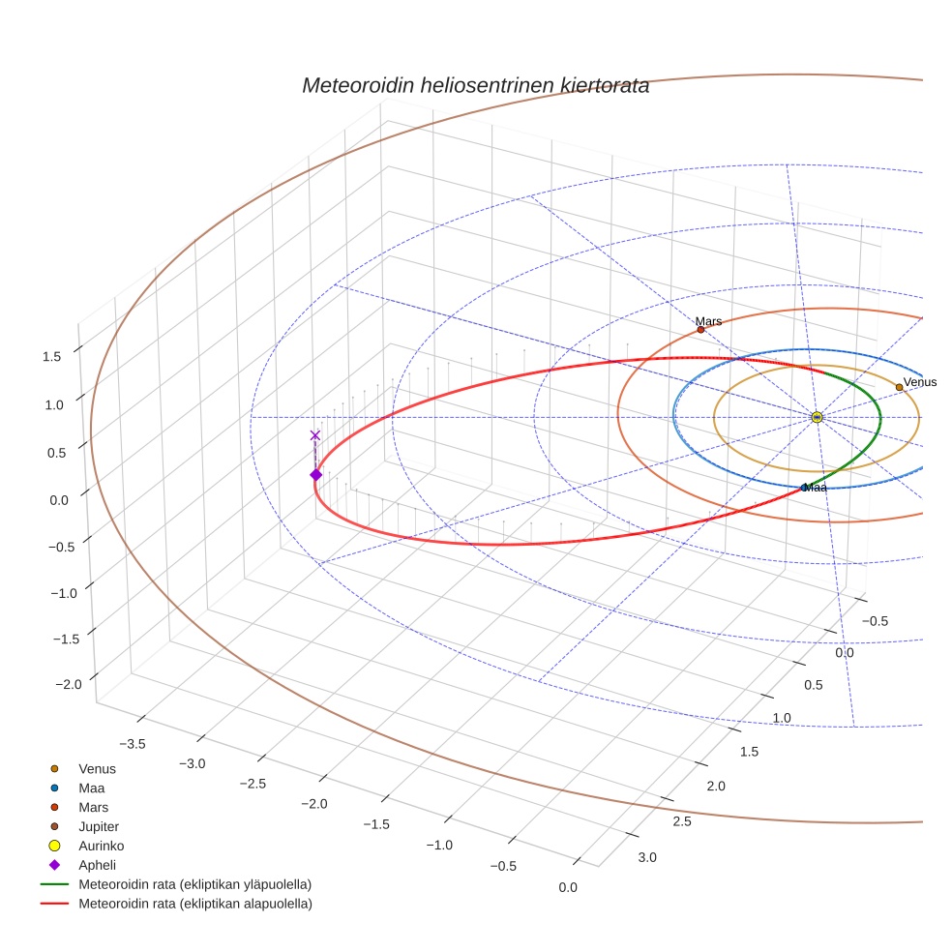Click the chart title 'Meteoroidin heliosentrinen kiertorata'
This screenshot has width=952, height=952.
(x=475, y=85)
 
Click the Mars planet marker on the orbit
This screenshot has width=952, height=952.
(x=700, y=330)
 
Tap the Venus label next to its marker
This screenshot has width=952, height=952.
(x=919, y=382)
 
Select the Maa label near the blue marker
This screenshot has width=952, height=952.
(x=817, y=488)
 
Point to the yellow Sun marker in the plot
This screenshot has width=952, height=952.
(x=817, y=417)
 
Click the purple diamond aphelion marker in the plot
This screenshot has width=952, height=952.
(x=315, y=474)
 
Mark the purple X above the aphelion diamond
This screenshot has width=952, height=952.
(x=314, y=435)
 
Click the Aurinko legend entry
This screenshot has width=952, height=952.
(x=101, y=846)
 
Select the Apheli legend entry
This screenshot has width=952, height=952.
(x=97, y=865)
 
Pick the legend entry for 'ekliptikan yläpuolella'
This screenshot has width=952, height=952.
(x=194, y=884)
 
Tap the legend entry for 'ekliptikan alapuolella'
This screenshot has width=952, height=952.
(x=194, y=904)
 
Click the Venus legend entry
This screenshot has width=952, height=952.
(x=97, y=768)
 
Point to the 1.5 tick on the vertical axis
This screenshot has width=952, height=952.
(x=51, y=356)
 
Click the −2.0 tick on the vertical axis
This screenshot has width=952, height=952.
(x=68, y=684)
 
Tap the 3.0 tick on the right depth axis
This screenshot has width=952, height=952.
(x=646, y=857)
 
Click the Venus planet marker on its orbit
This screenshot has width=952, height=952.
(x=899, y=387)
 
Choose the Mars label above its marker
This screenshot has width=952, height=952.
(x=708, y=321)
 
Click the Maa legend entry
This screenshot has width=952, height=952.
(x=92, y=788)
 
